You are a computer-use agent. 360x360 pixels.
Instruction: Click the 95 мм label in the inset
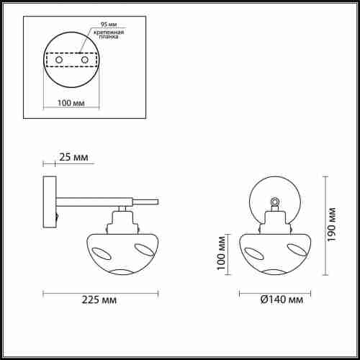(x=109, y=24)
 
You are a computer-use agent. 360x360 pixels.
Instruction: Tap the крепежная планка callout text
(x=109, y=35)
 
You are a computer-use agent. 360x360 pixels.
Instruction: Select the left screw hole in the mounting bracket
(x=59, y=60)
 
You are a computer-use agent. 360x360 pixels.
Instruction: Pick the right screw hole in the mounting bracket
(x=85, y=60)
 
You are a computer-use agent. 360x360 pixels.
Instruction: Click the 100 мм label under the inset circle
(x=71, y=103)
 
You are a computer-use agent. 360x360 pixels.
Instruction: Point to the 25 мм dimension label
(x=73, y=157)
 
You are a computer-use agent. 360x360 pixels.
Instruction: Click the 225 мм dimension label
(x=99, y=300)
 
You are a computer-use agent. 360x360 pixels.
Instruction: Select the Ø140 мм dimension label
(x=282, y=300)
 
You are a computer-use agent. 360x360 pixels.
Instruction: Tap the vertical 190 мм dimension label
(x=331, y=225)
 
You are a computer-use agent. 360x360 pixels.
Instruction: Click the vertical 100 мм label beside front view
(x=221, y=253)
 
